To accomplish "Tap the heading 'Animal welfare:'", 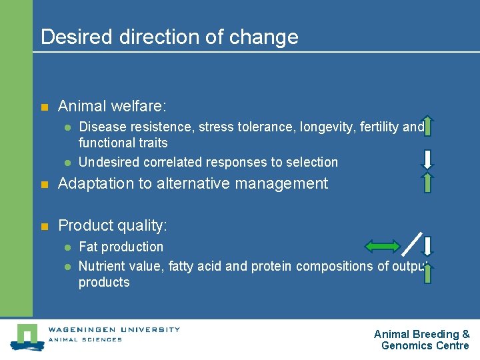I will click(112, 106).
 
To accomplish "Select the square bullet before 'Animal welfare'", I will click(45, 107).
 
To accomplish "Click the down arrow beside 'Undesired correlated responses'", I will click(428, 158).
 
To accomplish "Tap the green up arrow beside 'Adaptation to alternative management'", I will click(428, 182).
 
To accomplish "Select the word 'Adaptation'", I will click(97, 183).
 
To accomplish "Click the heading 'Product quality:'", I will click(113, 225).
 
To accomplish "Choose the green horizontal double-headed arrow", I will click(382, 247).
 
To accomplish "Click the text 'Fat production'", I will click(121, 247).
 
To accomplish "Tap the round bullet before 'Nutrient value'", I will click(67, 267).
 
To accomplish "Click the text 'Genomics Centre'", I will click(425, 345).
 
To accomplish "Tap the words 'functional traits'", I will click(123, 143).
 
